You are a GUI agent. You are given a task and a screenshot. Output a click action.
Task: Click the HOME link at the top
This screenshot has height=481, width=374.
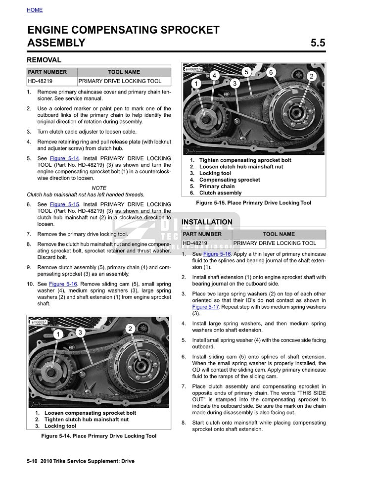click(x=35, y=10)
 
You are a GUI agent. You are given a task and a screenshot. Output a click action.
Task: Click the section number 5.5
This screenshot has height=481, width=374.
click(x=318, y=43)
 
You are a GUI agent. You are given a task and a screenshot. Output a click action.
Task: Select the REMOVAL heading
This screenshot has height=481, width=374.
click(x=44, y=60)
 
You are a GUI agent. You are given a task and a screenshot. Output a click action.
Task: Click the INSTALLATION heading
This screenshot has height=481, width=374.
click(x=207, y=222)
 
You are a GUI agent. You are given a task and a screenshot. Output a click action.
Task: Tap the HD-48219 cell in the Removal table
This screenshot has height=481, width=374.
click(x=40, y=81)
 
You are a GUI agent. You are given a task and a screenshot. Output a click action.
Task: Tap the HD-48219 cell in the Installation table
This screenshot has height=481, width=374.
click(x=195, y=243)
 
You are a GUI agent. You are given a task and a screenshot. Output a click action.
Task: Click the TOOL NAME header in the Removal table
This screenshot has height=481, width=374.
click(x=124, y=72)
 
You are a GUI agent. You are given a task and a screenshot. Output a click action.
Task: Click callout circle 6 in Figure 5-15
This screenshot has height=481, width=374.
click(x=271, y=72)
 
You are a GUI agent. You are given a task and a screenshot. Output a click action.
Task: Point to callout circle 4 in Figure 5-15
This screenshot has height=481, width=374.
click(x=215, y=76)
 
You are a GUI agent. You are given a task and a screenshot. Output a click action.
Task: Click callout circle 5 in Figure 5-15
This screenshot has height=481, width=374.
click(x=246, y=72)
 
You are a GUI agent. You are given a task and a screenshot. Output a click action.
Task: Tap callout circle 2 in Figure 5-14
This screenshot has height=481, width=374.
click(x=130, y=329)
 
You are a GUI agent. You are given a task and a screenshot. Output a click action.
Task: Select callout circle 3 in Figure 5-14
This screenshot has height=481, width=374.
click(x=79, y=333)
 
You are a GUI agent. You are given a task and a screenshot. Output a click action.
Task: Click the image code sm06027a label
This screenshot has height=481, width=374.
click(x=193, y=70)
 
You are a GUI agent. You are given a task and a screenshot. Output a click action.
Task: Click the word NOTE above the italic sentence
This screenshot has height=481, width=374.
click(x=99, y=188)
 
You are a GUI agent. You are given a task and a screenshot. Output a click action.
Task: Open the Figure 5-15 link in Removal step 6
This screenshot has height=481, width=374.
click(x=64, y=204)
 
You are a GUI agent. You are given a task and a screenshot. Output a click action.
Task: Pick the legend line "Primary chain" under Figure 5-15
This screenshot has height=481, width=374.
click(x=217, y=187)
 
